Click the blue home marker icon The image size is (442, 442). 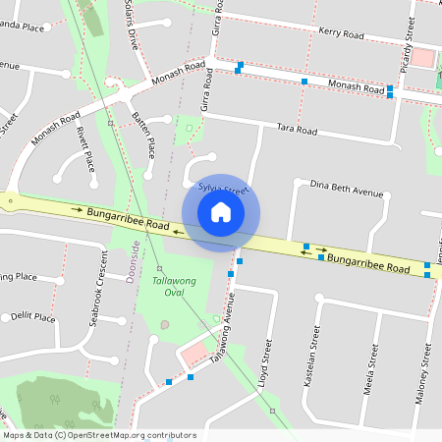pos(221,212)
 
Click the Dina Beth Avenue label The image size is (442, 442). pos(345,186)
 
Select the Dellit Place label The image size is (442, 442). pos(33,316)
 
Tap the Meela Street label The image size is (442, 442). pos(373,366)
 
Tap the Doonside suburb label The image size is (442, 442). pos(134,262)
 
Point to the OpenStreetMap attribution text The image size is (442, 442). pos(99,435)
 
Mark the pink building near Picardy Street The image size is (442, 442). pos(421,56)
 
